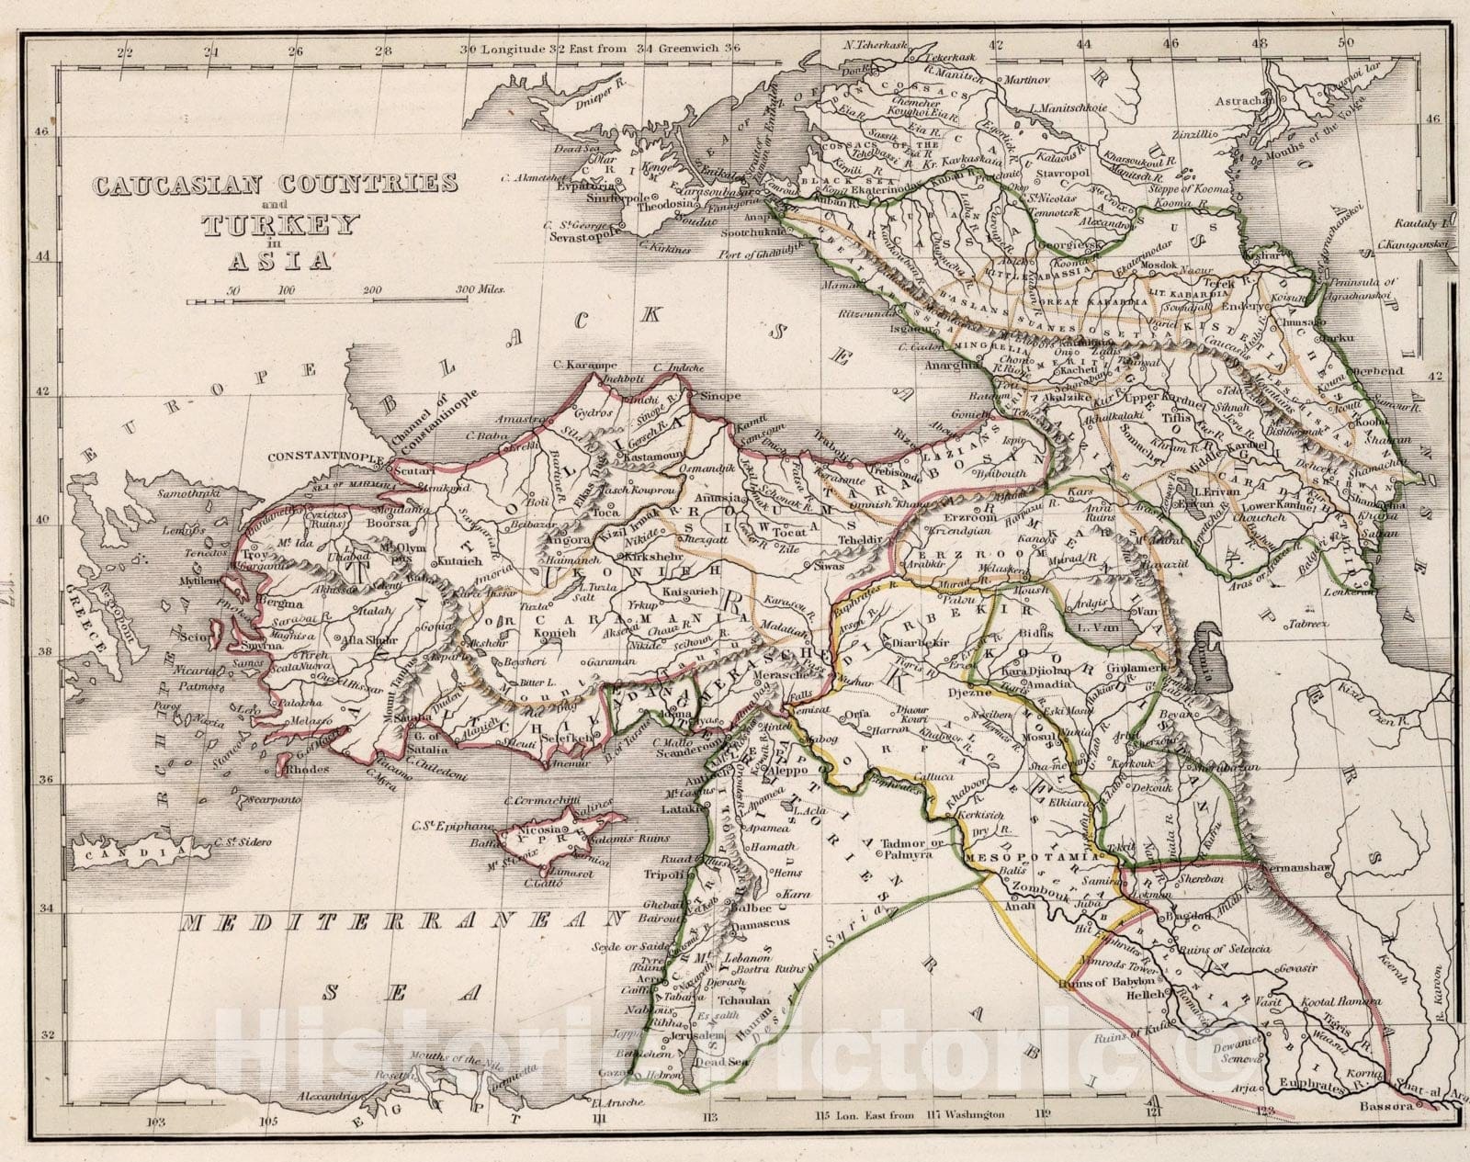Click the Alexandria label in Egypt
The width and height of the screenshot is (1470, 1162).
(327, 1097)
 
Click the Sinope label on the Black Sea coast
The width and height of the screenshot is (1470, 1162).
(720, 396)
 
